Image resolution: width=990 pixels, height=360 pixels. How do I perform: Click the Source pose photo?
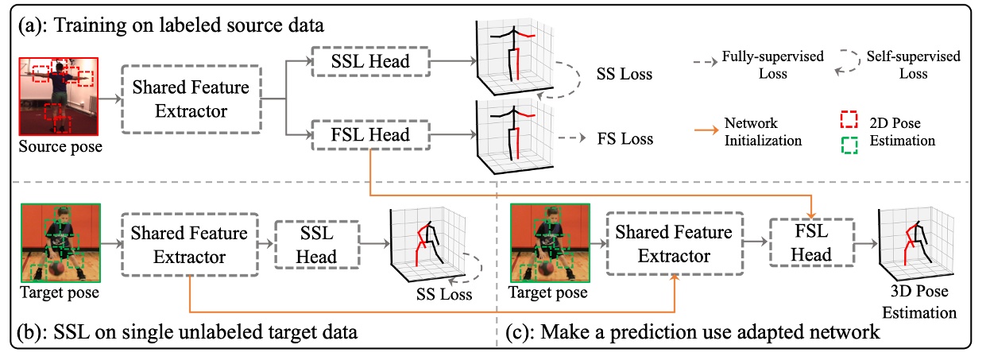click(x=57, y=95)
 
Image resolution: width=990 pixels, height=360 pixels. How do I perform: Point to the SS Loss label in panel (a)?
click(x=624, y=75)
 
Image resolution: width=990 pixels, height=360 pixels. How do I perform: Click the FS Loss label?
click(x=625, y=139)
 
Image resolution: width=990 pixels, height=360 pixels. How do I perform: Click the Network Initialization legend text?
click(x=763, y=133)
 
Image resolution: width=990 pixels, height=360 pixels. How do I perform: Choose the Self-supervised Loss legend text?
click(x=925, y=65)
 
